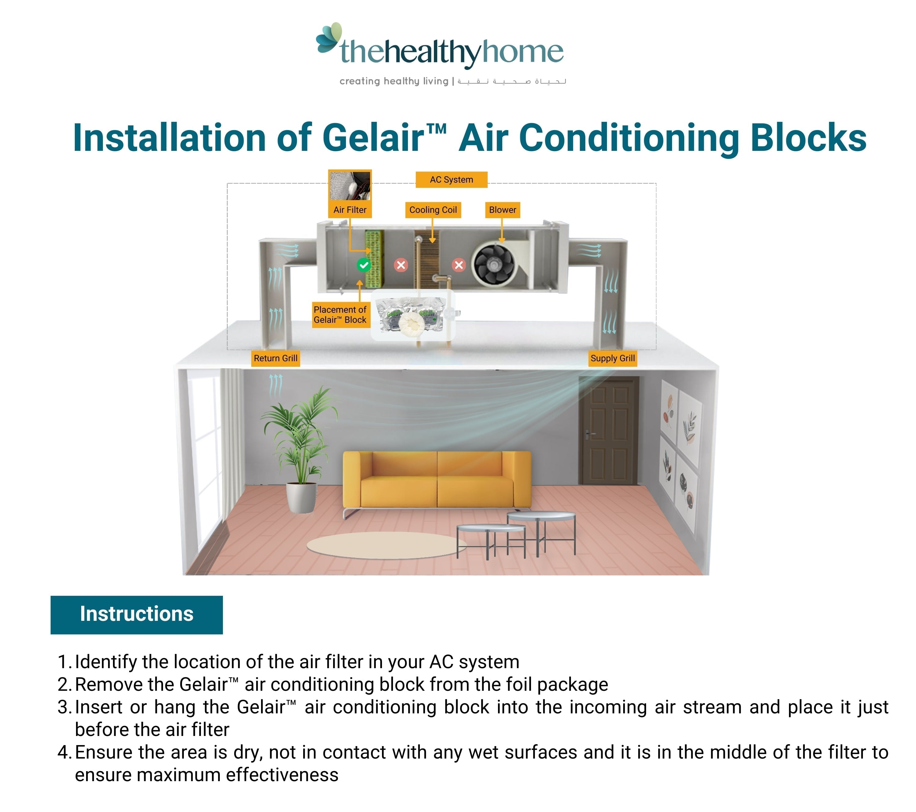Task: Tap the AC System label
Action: (451, 180)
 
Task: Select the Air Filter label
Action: (350, 210)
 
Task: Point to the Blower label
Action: (502, 210)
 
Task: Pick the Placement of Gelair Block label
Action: (340, 315)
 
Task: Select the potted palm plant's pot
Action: (301, 497)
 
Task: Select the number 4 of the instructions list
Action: (63, 752)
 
